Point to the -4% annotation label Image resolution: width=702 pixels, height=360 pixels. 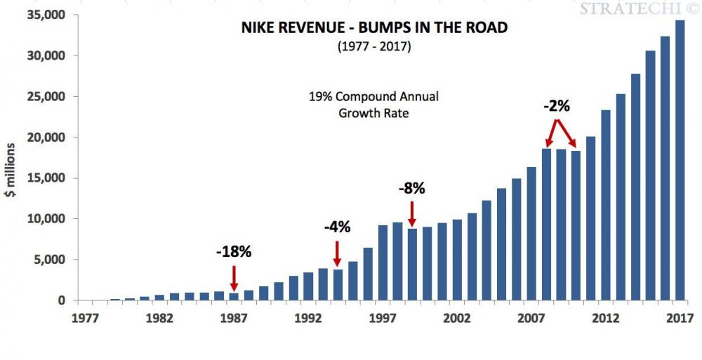pyautogui.click(x=337, y=227)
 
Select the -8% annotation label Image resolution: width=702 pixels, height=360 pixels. pyautogui.click(x=412, y=188)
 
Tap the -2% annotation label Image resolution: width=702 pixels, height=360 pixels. pyautogui.click(x=557, y=107)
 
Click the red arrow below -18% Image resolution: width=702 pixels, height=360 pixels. pyautogui.click(x=233, y=278)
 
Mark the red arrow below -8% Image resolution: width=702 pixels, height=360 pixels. pyautogui.click(x=412, y=213)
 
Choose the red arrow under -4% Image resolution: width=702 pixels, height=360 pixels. pyautogui.click(x=337, y=253)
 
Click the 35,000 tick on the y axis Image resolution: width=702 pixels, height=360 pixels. pyautogui.click(x=46, y=15)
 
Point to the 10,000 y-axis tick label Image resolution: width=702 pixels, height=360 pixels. pyautogui.click(x=46, y=219)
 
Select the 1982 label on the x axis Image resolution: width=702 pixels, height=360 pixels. pyautogui.click(x=159, y=317)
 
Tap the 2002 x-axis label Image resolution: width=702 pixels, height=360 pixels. pyautogui.click(x=457, y=317)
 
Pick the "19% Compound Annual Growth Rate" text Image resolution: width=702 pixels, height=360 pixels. pyautogui.click(x=373, y=103)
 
